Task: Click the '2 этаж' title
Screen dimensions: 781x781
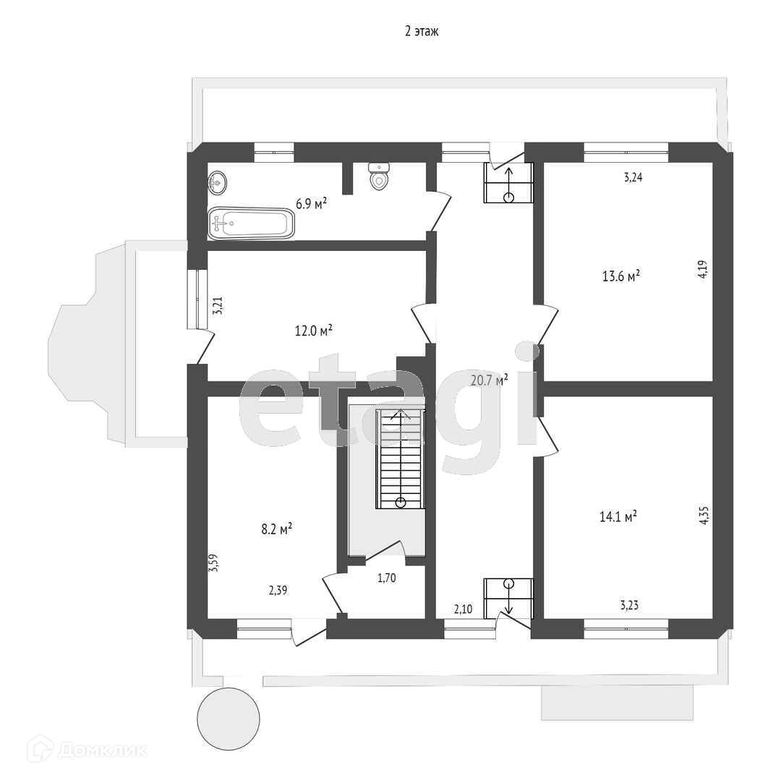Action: click(x=422, y=31)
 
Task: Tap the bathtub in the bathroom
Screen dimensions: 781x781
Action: click(x=251, y=224)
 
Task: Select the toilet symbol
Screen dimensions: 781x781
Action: click(x=380, y=176)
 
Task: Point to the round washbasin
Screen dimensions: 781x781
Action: click(x=218, y=183)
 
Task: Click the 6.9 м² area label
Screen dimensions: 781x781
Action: click(x=310, y=204)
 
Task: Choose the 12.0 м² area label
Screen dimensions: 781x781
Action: click(x=313, y=330)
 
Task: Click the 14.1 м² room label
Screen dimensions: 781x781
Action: click(x=618, y=516)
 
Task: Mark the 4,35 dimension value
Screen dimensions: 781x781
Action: click(x=704, y=515)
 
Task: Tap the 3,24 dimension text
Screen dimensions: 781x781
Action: click(x=633, y=176)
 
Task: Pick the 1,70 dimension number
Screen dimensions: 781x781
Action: click(x=387, y=578)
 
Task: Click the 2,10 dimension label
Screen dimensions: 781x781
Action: click(x=463, y=610)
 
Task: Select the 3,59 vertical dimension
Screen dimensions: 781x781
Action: click(x=214, y=563)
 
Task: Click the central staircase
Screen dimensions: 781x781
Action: click(x=400, y=459)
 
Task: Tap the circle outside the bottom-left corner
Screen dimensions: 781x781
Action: click(x=229, y=720)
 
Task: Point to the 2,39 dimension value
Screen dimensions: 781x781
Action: click(x=278, y=591)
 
